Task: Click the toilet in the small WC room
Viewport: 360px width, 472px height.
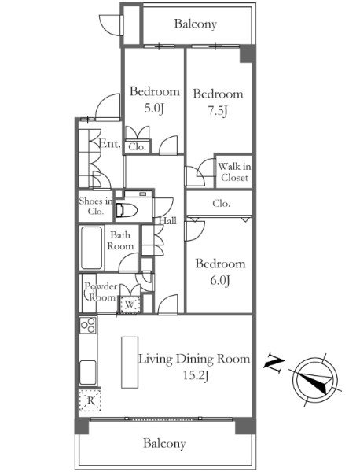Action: pyautogui.click(x=127, y=209)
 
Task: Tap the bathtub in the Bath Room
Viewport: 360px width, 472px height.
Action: pyautogui.click(x=91, y=248)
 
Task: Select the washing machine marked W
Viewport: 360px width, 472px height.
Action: pyautogui.click(x=130, y=304)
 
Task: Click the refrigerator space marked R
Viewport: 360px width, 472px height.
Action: pyautogui.click(x=90, y=400)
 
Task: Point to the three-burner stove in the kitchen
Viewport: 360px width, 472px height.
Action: pyautogui.click(x=88, y=325)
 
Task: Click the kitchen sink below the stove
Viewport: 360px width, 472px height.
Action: pyautogui.click(x=88, y=372)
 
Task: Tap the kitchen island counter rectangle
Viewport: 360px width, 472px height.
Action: pyautogui.click(x=130, y=362)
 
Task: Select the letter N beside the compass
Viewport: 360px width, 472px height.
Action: pyautogui.click(x=274, y=364)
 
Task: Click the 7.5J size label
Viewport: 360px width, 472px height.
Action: pyautogui.click(x=218, y=111)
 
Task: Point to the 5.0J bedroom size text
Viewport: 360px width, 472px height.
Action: pyautogui.click(x=154, y=108)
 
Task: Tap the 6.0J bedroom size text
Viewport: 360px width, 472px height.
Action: pyautogui.click(x=220, y=281)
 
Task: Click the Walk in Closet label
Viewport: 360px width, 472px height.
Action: pyautogui.click(x=234, y=171)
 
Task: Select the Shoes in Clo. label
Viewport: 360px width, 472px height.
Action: pyautogui.click(x=96, y=206)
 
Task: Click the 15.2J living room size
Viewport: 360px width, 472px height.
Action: pyautogui.click(x=196, y=375)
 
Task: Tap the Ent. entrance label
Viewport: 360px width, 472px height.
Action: pyautogui.click(x=110, y=143)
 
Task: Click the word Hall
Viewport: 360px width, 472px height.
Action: pyautogui.click(x=168, y=220)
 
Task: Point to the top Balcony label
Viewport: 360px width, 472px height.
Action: pyautogui.click(x=196, y=24)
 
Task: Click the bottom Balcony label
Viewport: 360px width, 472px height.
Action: pyautogui.click(x=164, y=443)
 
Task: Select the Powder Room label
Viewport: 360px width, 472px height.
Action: pyautogui.click(x=101, y=292)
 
